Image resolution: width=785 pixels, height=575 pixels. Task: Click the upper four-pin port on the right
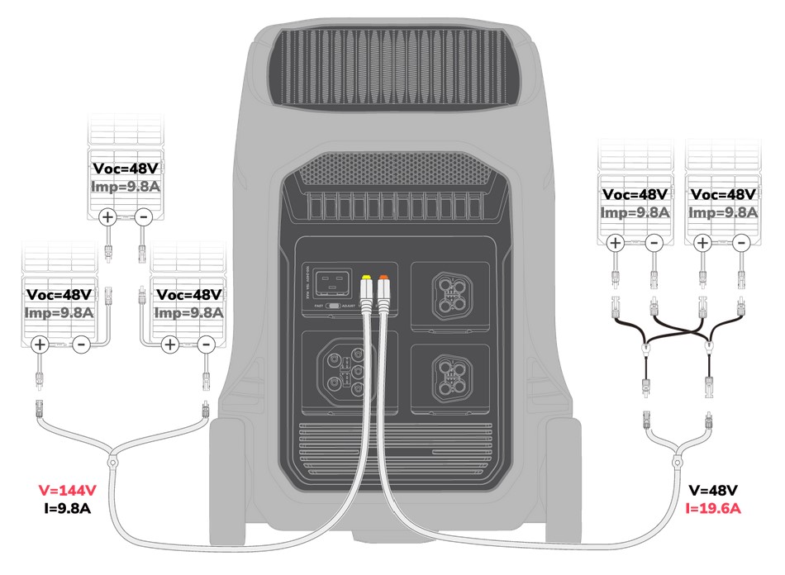click(450, 292)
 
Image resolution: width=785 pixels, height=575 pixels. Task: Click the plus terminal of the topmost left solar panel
click(107, 217)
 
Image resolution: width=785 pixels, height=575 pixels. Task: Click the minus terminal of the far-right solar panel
click(741, 242)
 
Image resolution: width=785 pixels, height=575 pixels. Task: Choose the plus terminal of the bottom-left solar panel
click(39, 345)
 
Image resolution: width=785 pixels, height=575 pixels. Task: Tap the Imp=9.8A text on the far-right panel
click(722, 211)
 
